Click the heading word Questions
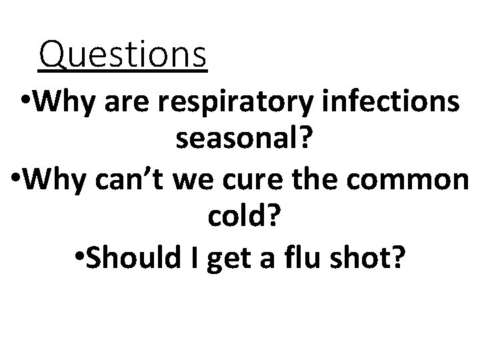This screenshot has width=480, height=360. point(123,55)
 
